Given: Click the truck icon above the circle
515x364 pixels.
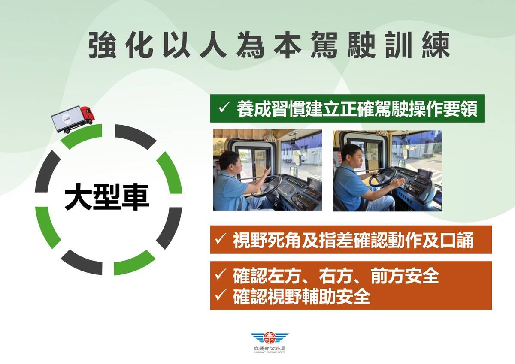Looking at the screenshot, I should click(x=72, y=119).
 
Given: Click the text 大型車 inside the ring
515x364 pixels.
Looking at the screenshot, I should click(x=107, y=198).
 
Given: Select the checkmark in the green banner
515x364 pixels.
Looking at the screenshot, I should click(x=224, y=108).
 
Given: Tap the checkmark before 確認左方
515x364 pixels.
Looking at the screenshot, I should click(x=221, y=275).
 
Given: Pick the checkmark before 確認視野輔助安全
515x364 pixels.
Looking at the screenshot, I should click(x=221, y=296).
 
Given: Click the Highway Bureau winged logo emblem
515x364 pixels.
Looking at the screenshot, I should click(x=270, y=338).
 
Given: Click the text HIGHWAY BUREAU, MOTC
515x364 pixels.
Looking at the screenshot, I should click(x=270, y=352).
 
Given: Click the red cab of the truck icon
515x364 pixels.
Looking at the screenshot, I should click(x=87, y=113).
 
